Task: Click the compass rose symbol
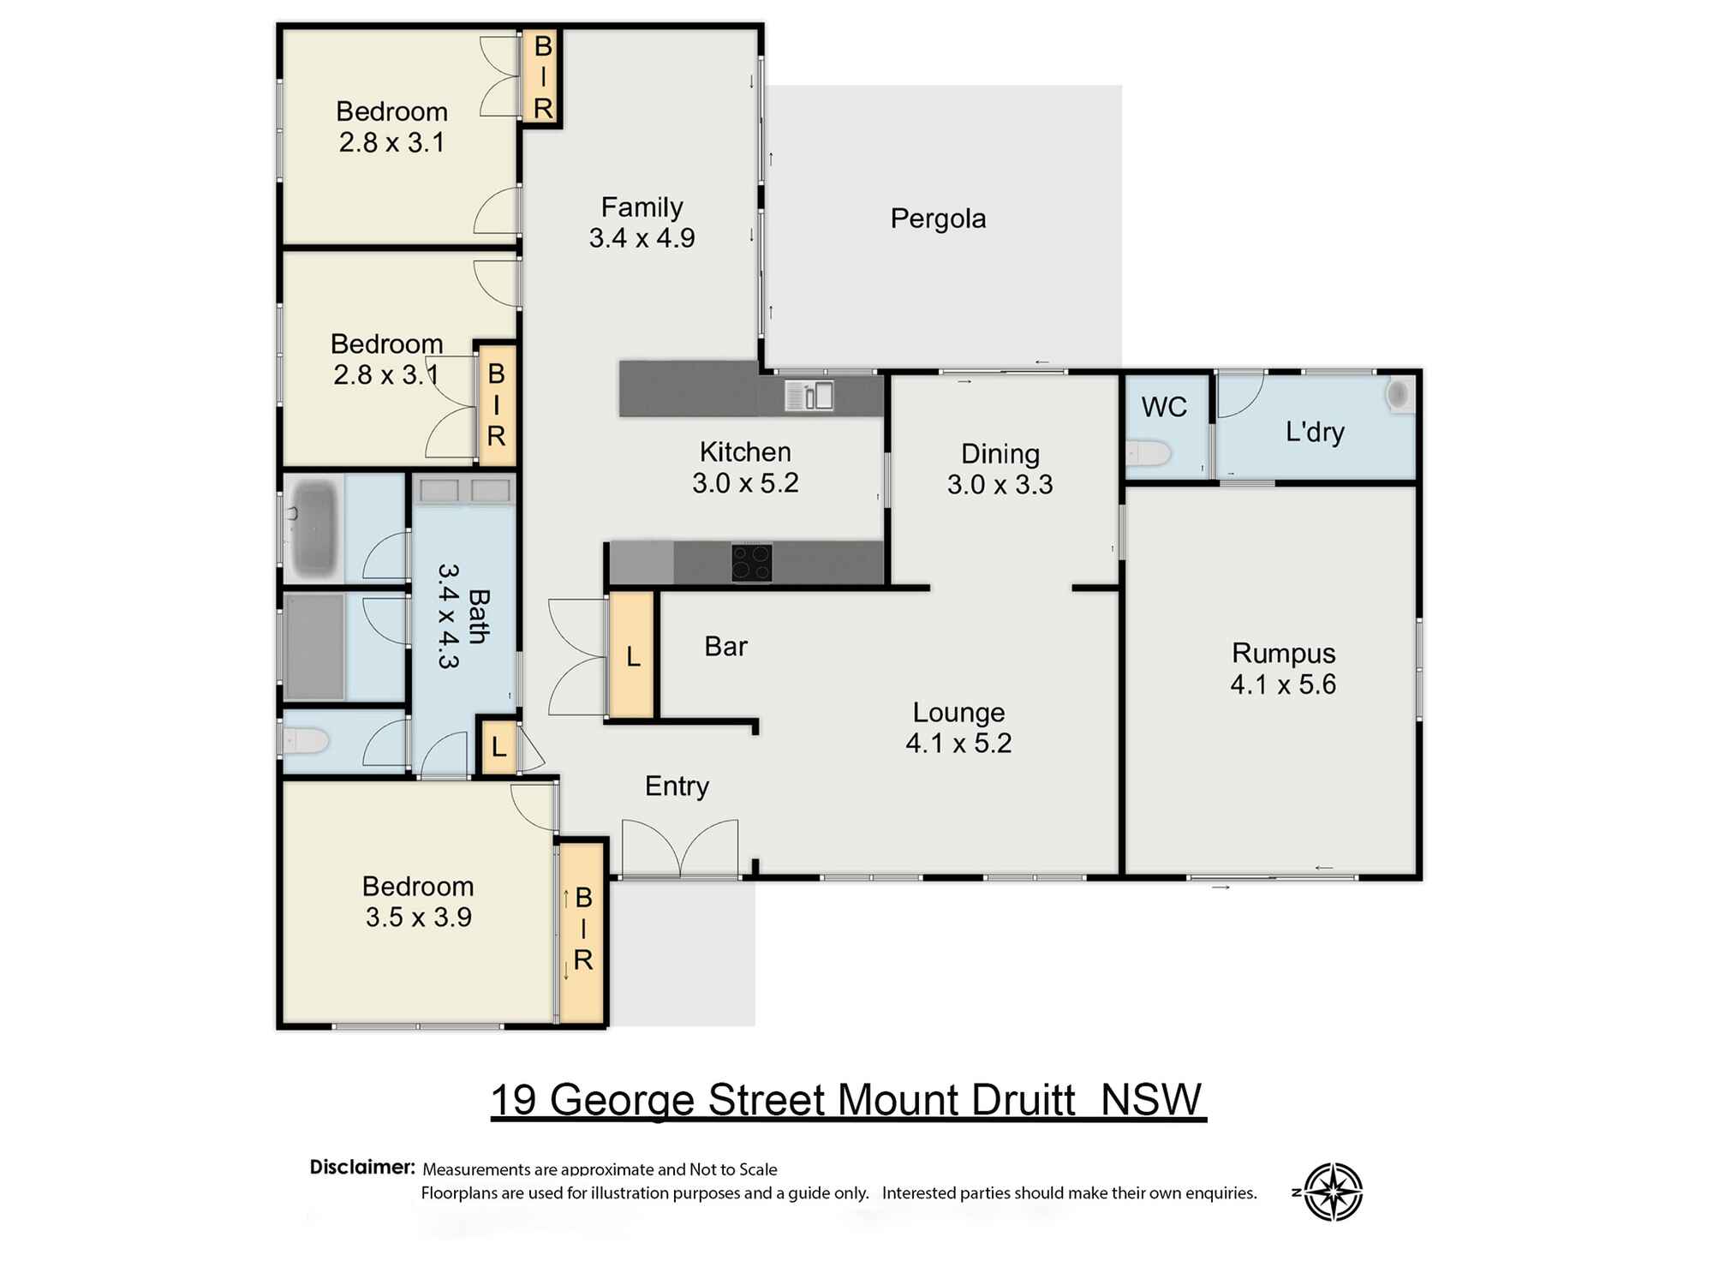pyautogui.click(x=1333, y=1192)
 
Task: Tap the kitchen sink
pyautogui.click(x=809, y=396)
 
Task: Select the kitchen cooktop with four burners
pyautogui.click(x=752, y=563)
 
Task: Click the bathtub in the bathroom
pyautogui.click(x=313, y=527)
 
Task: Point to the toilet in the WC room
pyautogui.click(x=1148, y=453)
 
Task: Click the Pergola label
pyautogui.click(x=938, y=219)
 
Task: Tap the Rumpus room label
pyautogui.click(x=1283, y=653)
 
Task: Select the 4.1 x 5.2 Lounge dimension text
pyautogui.click(x=958, y=743)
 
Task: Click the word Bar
pyautogui.click(x=725, y=646)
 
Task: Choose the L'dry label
pyautogui.click(x=1315, y=432)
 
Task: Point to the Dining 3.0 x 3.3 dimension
pyautogui.click(x=1000, y=485)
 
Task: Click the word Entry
pyautogui.click(x=677, y=786)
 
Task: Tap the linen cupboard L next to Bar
pyautogui.click(x=632, y=655)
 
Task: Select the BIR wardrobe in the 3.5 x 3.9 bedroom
pyautogui.click(x=582, y=933)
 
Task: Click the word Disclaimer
pyautogui.click(x=362, y=1167)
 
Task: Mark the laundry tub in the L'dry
pyautogui.click(x=1399, y=395)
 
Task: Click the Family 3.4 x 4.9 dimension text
pyautogui.click(x=642, y=238)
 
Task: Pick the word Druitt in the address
pyautogui.click(x=1024, y=1100)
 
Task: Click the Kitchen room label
pyautogui.click(x=745, y=452)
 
